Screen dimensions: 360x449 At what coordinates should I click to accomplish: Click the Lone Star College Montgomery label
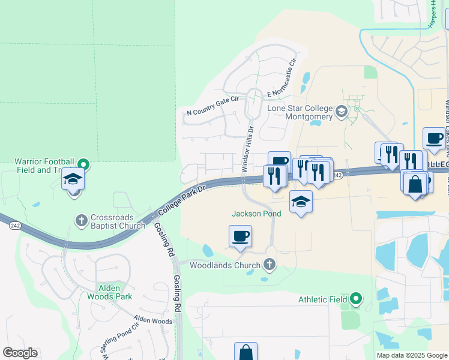pyautogui.click(x=300, y=112)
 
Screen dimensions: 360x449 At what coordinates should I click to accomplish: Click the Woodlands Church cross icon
pyautogui.click(x=270, y=264)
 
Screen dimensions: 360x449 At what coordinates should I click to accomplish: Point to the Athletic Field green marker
pyautogui.click(x=356, y=298)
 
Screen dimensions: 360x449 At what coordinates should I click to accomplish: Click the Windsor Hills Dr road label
pyautogui.click(x=248, y=149)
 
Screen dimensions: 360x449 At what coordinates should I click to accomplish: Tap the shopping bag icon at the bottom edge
pyautogui.click(x=246, y=352)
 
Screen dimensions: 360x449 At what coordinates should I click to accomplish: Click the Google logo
pyautogui.click(x=20, y=353)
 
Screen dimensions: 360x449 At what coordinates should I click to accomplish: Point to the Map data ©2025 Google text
pyautogui.click(x=411, y=355)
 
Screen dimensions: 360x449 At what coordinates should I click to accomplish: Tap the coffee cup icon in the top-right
pyautogui.click(x=433, y=138)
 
